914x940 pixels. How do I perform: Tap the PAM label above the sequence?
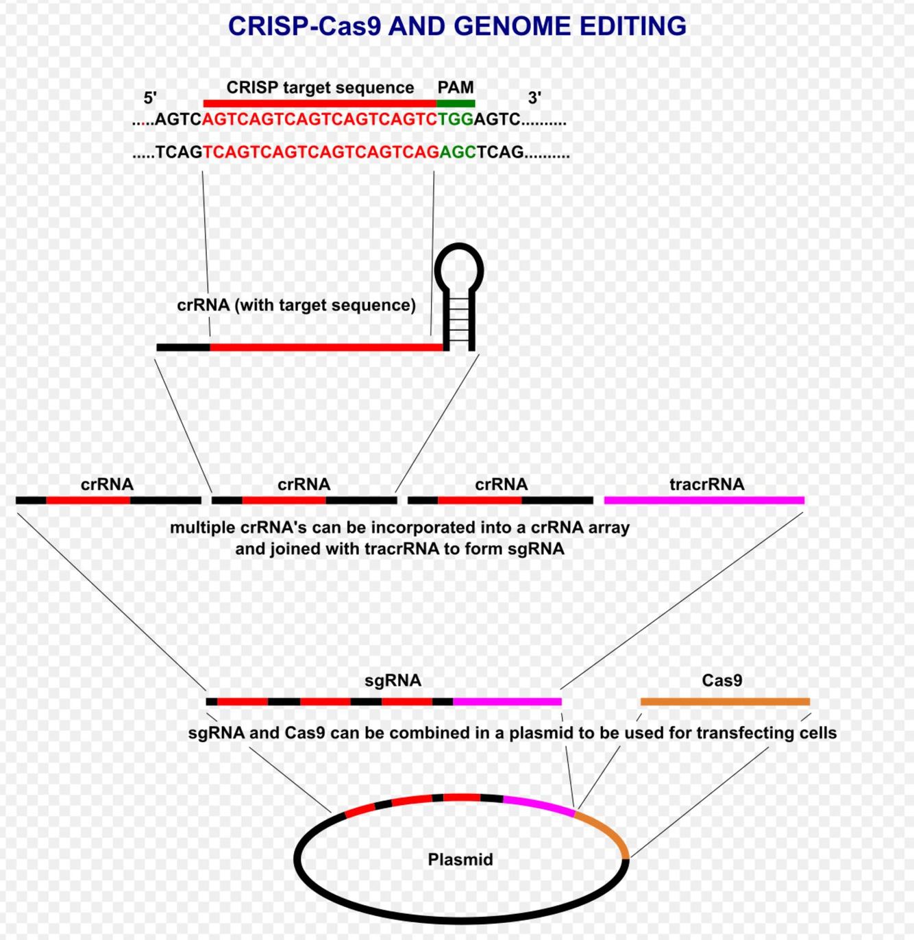456,87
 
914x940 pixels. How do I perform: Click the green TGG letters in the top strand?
456,119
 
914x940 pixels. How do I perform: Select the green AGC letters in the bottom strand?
458,151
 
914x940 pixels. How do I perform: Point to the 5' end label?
150,97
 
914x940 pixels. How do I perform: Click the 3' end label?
534,97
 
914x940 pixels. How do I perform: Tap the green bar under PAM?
456,103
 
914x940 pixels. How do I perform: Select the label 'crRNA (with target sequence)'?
296,305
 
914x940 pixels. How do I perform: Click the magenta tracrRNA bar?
704,500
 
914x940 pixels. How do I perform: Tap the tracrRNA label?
706,484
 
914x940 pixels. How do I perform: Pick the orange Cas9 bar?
725,702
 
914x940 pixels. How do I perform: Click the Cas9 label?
722,680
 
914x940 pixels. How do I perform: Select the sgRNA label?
393,680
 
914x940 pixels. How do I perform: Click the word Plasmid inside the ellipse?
460,859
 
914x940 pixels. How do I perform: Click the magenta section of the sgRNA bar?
507,702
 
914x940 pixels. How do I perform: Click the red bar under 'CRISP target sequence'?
319,103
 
